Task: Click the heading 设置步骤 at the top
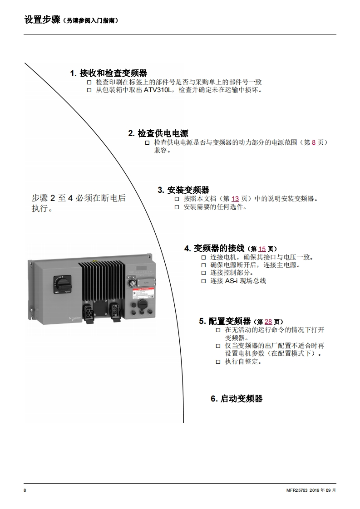coord(42,20)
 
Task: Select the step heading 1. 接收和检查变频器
coord(108,73)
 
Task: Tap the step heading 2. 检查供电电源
coord(158,133)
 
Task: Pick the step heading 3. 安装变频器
coord(183,190)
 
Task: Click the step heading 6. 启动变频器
coord(237,399)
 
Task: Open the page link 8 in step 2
coord(313,142)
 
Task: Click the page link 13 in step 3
coord(235,199)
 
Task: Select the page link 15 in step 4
coord(262,249)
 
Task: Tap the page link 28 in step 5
coord(268,322)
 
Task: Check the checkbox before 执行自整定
coord(218,362)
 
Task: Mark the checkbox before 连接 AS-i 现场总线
coord(203,281)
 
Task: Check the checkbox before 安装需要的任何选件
coord(177,207)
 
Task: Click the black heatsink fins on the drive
coord(101,279)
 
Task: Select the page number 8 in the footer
coord(25,490)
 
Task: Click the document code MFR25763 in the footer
coord(296,490)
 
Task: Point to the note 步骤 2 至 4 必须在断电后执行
coord(78,203)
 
